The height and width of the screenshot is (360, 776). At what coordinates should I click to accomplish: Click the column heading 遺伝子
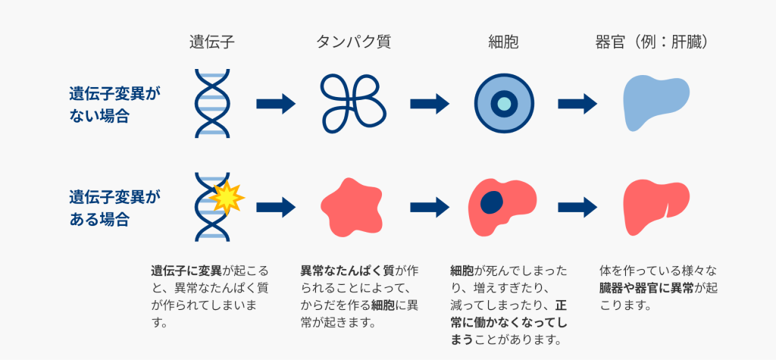tap(212, 42)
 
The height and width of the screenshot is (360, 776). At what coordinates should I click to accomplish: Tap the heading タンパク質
tap(353, 42)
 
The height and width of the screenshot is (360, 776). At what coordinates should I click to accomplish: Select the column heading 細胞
tap(504, 42)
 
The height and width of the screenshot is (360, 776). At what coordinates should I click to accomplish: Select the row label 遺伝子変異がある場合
tap(115, 208)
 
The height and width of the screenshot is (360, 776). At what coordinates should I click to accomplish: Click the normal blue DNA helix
tap(212, 103)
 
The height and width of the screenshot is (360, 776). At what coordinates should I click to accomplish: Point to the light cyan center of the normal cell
tap(504, 104)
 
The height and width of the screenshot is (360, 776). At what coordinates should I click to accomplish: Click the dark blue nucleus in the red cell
tap(493, 202)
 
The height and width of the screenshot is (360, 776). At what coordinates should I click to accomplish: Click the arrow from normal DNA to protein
tap(275, 104)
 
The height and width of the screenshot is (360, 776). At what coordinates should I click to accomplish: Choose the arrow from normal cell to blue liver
tap(577, 104)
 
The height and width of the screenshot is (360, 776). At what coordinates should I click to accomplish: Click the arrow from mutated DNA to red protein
tap(275, 205)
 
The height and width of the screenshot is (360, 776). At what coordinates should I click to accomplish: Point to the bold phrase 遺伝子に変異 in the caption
tap(183, 270)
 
